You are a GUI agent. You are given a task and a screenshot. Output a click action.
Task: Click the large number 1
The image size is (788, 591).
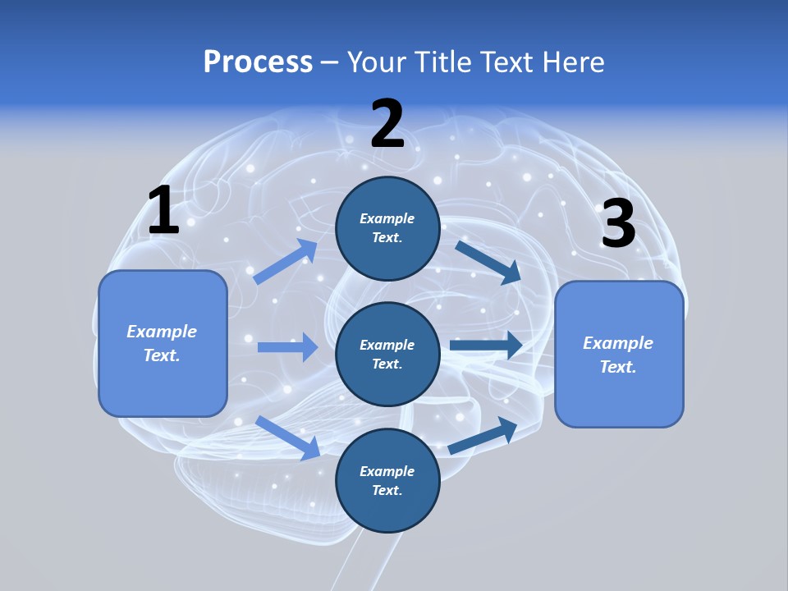[x=163, y=211]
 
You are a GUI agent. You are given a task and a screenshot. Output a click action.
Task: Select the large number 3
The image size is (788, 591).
[x=618, y=223]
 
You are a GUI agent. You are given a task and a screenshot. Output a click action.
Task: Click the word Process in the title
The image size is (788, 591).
[x=258, y=62]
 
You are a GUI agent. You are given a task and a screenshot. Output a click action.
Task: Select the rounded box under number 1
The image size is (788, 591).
[x=163, y=343]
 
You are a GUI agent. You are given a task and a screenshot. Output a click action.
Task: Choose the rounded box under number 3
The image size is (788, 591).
[x=619, y=355]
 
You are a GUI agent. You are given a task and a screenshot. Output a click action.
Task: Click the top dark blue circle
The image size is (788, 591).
[x=387, y=228]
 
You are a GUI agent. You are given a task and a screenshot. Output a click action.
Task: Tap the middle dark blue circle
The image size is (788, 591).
[x=387, y=355]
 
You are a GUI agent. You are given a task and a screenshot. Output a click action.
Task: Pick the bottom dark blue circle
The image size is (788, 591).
[x=387, y=481]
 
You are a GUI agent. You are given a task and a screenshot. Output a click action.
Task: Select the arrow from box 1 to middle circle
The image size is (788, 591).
[x=287, y=347]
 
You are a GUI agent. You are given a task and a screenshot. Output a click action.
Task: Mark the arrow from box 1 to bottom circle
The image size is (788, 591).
[x=287, y=438]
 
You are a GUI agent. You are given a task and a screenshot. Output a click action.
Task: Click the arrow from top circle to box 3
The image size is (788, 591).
[x=488, y=262]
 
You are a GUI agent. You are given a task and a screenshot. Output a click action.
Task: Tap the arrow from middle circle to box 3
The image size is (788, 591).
[x=486, y=346]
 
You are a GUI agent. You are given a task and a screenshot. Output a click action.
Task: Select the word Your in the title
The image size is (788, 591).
[x=375, y=62]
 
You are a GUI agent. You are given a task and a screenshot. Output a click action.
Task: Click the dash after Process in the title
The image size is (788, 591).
[x=330, y=62]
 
